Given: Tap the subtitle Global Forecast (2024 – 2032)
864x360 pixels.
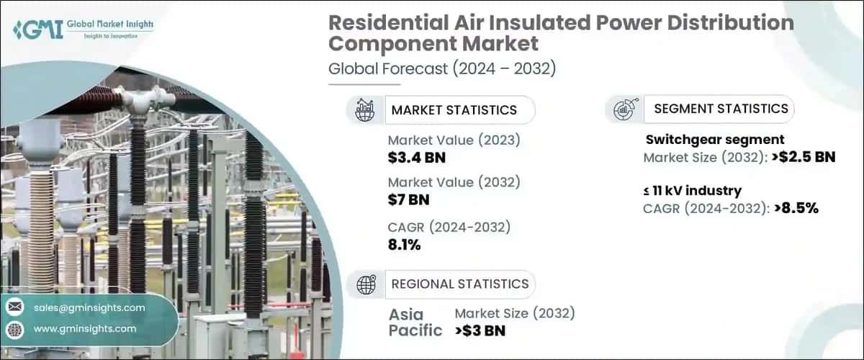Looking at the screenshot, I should [x=442, y=69].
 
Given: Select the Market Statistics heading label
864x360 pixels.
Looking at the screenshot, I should [x=454, y=110].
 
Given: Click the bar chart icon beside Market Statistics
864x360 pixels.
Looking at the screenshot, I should [x=364, y=110].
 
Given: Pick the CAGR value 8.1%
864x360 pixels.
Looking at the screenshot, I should [x=404, y=244].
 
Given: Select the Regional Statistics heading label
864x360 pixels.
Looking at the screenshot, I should [x=459, y=284].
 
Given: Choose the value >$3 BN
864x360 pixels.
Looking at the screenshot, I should [x=481, y=331].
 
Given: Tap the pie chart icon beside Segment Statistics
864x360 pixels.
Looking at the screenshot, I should [x=624, y=109].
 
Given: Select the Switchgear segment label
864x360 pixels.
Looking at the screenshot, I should [x=714, y=140].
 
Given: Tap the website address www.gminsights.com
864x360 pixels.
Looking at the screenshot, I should [x=85, y=328].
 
